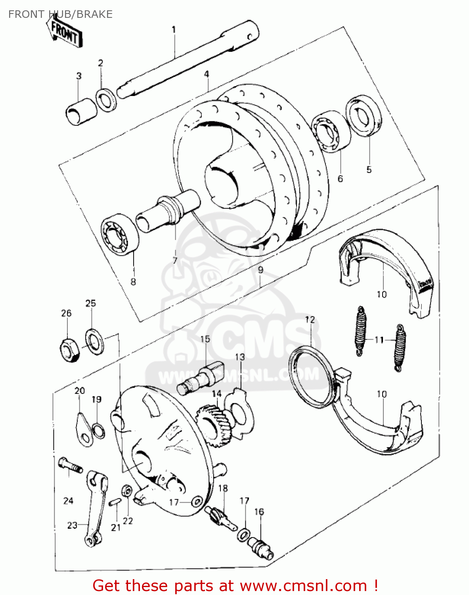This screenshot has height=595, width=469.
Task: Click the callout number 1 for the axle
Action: pos(174,30)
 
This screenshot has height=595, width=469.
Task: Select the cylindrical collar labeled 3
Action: pos(81,111)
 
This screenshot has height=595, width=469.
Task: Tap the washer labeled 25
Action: pos(94,341)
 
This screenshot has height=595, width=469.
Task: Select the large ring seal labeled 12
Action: pos(312,377)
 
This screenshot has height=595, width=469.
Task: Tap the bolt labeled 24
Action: pos(70,466)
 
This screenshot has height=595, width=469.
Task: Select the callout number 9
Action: pos(260,270)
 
